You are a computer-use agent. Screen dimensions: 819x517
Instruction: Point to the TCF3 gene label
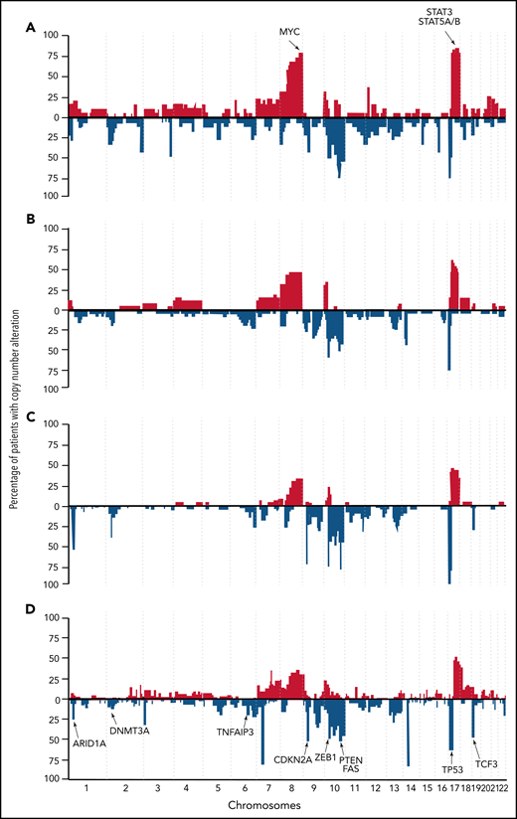tap(486, 763)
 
